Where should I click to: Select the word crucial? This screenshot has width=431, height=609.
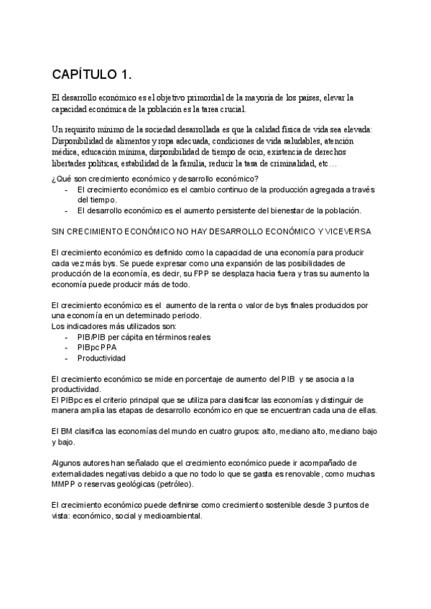(229, 109)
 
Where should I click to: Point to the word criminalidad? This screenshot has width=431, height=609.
(289, 164)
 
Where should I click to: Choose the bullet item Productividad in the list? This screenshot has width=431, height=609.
(101, 358)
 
